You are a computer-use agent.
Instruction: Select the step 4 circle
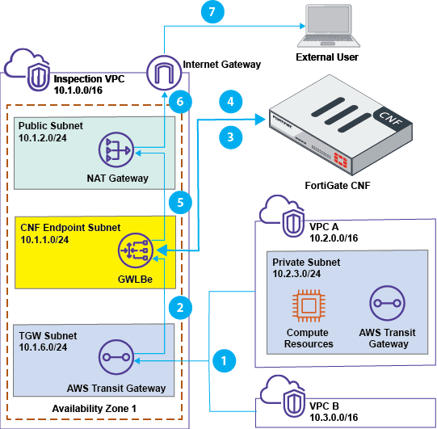tap(230, 103)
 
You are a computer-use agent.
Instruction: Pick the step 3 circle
tap(230, 137)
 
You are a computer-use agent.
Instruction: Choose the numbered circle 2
tap(183, 306)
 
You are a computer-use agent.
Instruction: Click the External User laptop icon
tap(326, 27)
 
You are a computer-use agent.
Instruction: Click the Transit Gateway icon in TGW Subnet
tap(116, 357)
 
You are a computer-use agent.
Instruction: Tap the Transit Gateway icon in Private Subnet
tap(386, 305)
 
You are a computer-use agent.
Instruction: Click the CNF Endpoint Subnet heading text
tap(70, 228)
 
